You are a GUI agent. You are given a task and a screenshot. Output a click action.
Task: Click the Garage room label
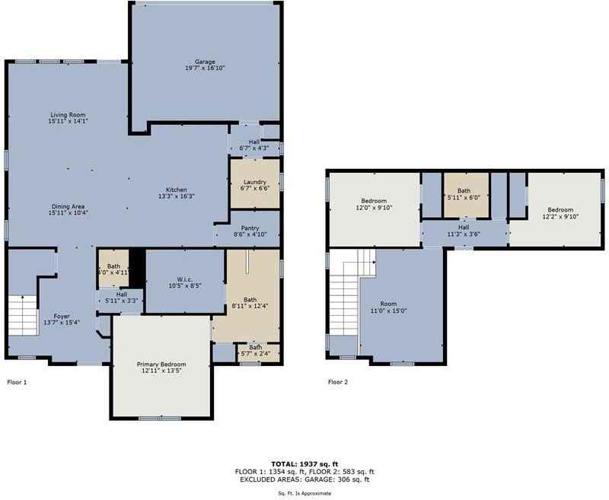[204, 62]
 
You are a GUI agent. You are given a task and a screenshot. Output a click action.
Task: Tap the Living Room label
[67, 114]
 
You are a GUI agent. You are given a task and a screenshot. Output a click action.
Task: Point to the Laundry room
[254, 183]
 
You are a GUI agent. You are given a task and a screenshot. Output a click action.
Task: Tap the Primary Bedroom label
[161, 365]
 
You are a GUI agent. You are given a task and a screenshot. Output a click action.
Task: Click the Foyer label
[62, 316]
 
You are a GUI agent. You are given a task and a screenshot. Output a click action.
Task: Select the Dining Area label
[67, 206]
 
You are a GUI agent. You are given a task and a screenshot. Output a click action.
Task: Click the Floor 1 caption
[17, 382]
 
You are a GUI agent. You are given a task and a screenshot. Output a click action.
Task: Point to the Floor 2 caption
[338, 382]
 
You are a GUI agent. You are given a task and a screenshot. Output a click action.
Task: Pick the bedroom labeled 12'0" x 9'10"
[374, 202]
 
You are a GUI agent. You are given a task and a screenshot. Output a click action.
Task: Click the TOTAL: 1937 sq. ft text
[304, 463]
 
